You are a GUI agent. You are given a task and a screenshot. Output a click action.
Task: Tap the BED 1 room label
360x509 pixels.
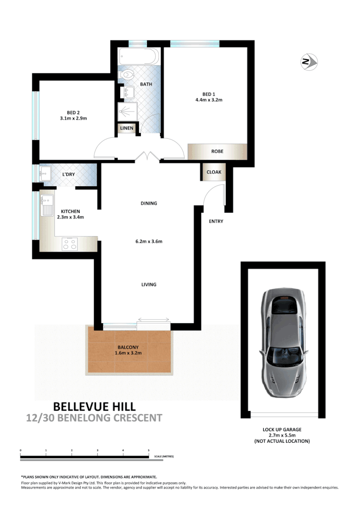[208, 94]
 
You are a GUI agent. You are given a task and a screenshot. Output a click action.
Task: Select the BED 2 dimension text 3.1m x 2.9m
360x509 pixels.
[73, 118]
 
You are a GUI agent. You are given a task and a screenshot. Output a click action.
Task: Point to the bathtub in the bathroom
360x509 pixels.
[138, 57]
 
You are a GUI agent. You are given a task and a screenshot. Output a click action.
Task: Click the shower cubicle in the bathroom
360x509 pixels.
[127, 111]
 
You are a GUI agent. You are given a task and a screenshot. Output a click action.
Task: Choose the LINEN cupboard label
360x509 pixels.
[127, 128]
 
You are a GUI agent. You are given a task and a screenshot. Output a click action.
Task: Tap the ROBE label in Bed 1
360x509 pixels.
[217, 151]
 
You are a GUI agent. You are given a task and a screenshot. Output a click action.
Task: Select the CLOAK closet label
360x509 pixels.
[213, 172]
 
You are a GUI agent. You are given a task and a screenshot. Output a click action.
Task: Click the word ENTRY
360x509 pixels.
[216, 221]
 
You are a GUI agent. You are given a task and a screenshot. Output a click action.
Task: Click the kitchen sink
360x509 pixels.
[47, 206]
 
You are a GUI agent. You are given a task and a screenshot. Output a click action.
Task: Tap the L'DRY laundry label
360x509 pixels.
[68, 174]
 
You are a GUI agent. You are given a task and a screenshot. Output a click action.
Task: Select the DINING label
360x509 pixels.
[149, 203]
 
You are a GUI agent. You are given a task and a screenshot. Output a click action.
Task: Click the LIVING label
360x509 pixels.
[149, 285]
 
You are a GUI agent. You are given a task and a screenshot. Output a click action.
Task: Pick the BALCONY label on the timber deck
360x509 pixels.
[128, 347]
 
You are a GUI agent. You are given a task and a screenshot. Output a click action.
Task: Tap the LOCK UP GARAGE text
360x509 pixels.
[283, 429]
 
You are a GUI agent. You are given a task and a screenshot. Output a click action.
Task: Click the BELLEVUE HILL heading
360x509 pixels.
[94, 406]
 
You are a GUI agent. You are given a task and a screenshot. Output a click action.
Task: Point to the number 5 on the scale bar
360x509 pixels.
[149, 450]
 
